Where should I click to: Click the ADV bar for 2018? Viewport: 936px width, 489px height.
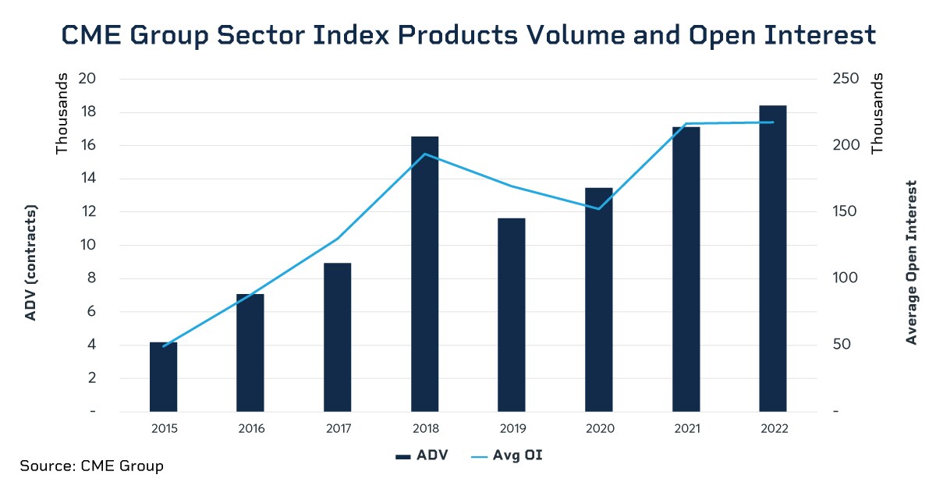pos(424,273)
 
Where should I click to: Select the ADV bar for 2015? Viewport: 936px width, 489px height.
pos(164,376)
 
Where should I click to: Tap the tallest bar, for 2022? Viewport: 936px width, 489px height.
pos(772,257)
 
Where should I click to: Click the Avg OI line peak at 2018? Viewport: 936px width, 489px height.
pos(424,154)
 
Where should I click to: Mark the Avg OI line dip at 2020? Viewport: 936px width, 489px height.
pos(598,209)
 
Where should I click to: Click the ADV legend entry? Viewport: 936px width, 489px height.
pos(421,455)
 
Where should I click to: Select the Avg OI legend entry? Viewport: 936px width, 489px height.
pos(506,455)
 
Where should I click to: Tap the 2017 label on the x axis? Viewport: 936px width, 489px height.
pos(338,429)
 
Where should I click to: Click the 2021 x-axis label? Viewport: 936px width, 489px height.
pos(686,429)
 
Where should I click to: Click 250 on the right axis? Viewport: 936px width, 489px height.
pos(846,79)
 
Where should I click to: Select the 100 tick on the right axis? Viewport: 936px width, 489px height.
pos(846,278)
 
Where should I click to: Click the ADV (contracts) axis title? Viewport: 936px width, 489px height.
pos(31,263)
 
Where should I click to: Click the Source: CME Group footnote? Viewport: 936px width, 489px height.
pos(92,466)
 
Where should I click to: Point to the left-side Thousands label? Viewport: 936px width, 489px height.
pos(62,114)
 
